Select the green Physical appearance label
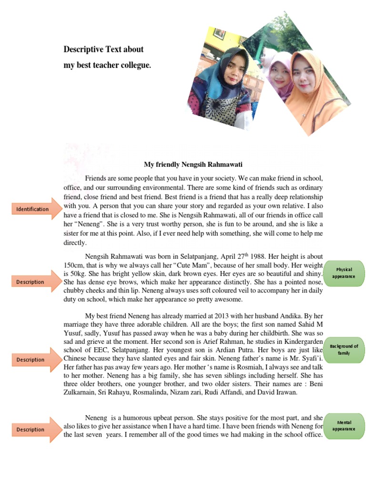click(344, 273)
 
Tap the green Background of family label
click(344, 350)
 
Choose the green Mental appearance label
click(344, 426)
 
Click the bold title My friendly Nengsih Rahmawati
click(193, 165)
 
